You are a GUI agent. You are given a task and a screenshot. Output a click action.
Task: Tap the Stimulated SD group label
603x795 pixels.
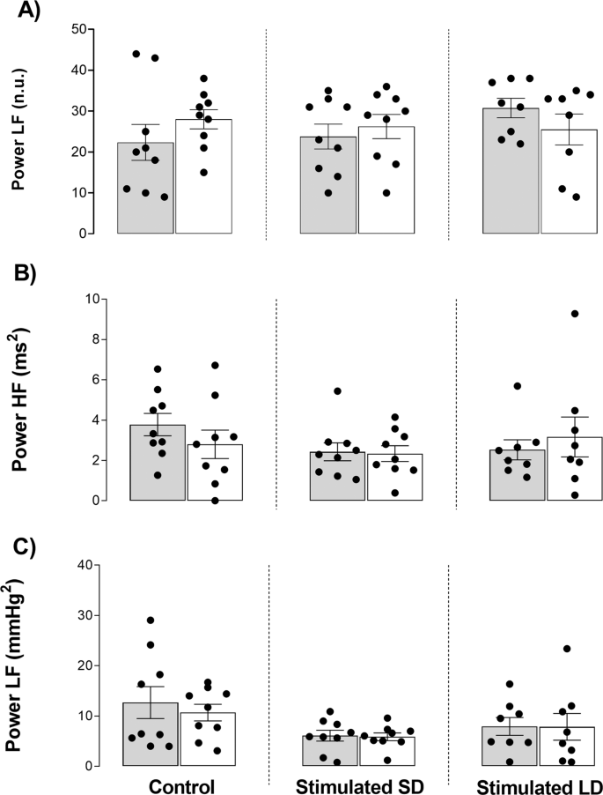(x=359, y=784)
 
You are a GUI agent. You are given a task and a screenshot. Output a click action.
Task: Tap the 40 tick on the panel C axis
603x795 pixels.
(x=83, y=565)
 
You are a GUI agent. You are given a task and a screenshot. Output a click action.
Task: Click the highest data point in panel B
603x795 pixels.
(x=575, y=314)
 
